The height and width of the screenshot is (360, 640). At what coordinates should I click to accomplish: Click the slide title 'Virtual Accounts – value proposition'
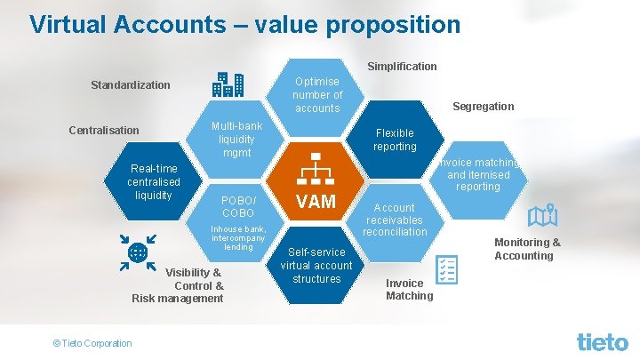tap(244, 24)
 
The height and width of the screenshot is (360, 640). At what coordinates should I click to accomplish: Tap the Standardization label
tap(131, 85)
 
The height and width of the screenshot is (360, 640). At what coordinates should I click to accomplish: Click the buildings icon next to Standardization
tap(228, 84)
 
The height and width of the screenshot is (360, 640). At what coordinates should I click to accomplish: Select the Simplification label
tap(402, 67)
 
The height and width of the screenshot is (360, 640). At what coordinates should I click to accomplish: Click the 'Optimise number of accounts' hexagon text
tap(317, 95)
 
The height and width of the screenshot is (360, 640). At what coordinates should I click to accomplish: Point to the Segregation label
tap(483, 107)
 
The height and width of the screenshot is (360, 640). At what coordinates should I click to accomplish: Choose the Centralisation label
tap(104, 131)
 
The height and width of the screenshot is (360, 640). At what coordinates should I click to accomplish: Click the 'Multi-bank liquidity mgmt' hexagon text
tap(236, 140)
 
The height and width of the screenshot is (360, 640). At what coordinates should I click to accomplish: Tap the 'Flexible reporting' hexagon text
tap(395, 140)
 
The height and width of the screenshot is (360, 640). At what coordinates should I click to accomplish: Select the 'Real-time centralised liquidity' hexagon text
tap(154, 181)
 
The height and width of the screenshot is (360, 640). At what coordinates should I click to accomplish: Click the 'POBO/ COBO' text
tap(237, 207)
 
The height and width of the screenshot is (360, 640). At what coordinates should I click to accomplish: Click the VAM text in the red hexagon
tap(316, 202)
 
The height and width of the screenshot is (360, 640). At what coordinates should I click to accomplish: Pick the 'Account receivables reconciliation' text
tap(395, 220)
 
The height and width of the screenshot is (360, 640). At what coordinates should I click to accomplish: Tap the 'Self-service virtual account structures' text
tap(316, 265)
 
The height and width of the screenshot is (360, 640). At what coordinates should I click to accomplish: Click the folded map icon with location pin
tap(541, 216)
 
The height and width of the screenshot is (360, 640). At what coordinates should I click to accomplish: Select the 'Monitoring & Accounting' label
tap(527, 249)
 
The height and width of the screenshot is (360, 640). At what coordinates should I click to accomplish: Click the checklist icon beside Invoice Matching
tap(446, 268)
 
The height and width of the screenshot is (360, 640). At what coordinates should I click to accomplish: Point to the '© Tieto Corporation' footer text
tap(92, 343)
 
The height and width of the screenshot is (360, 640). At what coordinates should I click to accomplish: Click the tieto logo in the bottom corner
tap(602, 341)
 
